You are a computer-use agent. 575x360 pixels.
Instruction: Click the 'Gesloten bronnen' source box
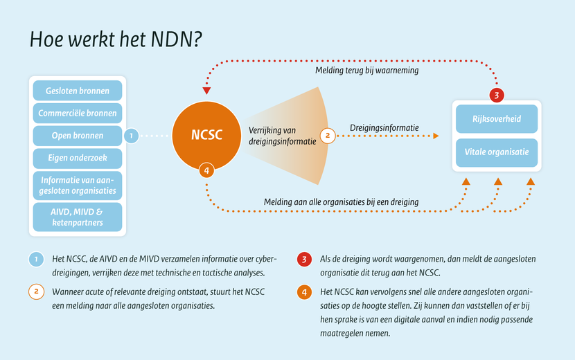click(78, 91)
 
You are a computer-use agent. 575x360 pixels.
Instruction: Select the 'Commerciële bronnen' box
click(78, 113)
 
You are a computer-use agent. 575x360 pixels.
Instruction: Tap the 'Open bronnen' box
click(78, 136)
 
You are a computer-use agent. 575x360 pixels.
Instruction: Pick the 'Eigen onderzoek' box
click(78, 158)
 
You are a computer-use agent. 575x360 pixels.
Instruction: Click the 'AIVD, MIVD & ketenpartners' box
click(78, 217)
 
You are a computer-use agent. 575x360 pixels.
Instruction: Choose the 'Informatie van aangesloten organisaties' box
click(78, 186)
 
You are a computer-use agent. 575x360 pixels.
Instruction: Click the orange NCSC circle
click(206, 136)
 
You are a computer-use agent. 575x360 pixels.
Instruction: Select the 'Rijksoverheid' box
click(497, 119)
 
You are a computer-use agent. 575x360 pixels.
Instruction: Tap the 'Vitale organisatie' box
click(497, 152)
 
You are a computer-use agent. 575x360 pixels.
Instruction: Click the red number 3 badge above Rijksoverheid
click(497, 96)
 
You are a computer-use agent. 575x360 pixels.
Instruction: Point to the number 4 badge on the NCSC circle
click(206, 170)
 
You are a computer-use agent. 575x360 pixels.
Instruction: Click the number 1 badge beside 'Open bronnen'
click(132, 136)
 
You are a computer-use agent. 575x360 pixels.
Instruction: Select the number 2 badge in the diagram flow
click(328, 136)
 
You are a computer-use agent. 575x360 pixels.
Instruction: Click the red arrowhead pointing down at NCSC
click(206, 91)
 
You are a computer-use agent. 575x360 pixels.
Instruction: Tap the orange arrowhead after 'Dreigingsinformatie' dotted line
click(436, 136)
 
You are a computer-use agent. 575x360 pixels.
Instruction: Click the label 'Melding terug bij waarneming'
click(366, 70)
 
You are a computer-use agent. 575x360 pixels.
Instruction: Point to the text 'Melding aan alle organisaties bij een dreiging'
click(341, 202)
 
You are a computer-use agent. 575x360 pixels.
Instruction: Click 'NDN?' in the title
click(176, 39)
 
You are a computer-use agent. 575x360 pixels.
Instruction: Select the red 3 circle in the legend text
click(304, 259)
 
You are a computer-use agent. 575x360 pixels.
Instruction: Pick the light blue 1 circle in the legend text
click(36, 259)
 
